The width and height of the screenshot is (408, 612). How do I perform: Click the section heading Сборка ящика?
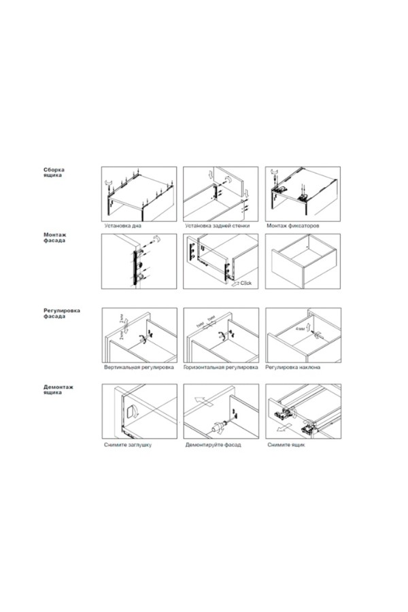pos(54,173)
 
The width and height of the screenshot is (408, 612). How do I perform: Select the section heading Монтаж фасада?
pos(54,238)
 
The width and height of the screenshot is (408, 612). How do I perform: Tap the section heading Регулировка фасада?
pos(62,313)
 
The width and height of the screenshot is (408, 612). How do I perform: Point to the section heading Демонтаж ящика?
pos(58,390)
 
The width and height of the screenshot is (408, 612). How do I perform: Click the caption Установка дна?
pos(122,226)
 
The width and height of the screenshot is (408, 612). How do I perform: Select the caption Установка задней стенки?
pos(217,226)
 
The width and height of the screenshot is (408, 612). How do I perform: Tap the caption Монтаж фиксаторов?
pos(293,226)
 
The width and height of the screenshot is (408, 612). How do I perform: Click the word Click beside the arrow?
pos(246,283)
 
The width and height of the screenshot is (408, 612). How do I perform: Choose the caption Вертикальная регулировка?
pos(139,367)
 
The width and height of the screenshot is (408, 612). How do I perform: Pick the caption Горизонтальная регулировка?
pos(220,367)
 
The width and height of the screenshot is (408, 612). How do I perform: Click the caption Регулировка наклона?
pos(293,367)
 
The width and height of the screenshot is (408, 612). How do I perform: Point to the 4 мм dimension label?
pos(301,329)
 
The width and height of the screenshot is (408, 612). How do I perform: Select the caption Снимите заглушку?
pos(128,445)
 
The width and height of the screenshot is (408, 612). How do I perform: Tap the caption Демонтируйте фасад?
pos(213,445)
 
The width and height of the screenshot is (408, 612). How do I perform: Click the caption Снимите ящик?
pos(286,445)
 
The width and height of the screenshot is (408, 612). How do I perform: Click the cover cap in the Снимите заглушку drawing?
pos(130,411)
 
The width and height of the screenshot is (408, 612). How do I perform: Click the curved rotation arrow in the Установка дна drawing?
pos(109,182)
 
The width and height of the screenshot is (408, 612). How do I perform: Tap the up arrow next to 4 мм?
pos(309,327)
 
